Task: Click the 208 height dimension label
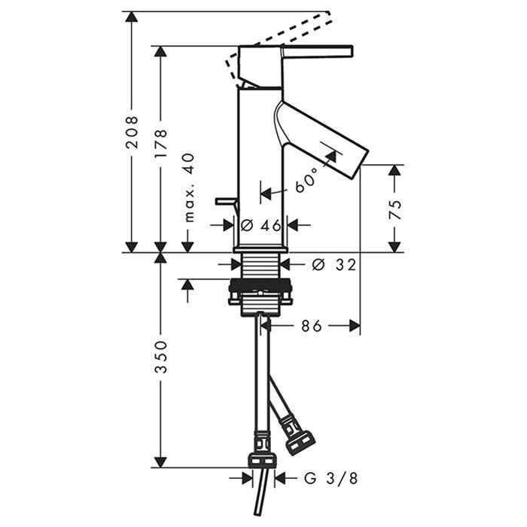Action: pyautogui.click(x=132, y=132)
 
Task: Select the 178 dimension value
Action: pyautogui.click(x=160, y=143)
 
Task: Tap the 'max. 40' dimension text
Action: pyautogui.click(x=190, y=187)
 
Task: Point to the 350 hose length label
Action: pyautogui.click(x=160, y=357)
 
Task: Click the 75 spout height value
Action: pyautogui.click(x=394, y=210)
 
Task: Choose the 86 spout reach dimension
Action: pyautogui.click(x=311, y=325)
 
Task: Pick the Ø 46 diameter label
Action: pyautogui.click(x=260, y=225)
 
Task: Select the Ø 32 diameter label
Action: pyautogui.click(x=334, y=265)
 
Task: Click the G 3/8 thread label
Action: pyautogui.click(x=331, y=478)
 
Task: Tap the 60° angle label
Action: pyautogui.click(x=306, y=181)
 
